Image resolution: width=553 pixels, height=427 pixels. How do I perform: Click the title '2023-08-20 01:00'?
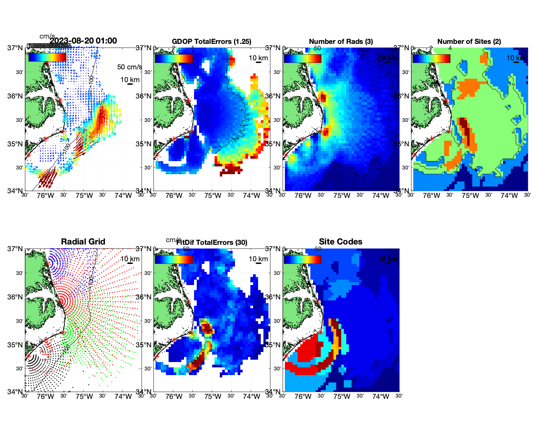pyautogui.click(x=83, y=41)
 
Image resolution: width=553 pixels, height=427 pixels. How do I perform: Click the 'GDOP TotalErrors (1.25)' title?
pyautogui.click(x=211, y=42)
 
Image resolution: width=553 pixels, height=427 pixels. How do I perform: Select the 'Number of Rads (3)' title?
pyautogui.click(x=341, y=42)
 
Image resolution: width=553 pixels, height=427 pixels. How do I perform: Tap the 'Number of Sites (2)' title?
pyautogui.click(x=469, y=42)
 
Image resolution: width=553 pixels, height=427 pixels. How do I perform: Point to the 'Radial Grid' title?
pyautogui.click(x=83, y=242)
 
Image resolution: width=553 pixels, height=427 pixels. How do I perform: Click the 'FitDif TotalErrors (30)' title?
pyautogui.click(x=212, y=242)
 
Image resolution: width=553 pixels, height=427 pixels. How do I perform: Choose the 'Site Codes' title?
pyautogui.click(x=341, y=242)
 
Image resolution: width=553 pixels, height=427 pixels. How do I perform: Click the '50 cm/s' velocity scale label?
pyautogui.click(x=129, y=67)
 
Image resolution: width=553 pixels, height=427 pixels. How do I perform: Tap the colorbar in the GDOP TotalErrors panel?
pyautogui.click(x=174, y=58)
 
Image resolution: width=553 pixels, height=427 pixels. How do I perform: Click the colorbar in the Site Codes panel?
pyautogui.click(x=302, y=259)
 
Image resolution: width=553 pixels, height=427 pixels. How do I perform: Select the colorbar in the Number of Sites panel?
pyautogui.click(x=431, y=58)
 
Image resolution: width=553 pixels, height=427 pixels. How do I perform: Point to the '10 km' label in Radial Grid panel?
pyautogui.click(x=130, y=259)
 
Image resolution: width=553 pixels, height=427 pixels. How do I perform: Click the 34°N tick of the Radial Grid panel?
pyautogui.click(x=15, y=392)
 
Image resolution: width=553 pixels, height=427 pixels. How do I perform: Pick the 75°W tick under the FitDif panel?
pyautogui.click(x=212, y=397)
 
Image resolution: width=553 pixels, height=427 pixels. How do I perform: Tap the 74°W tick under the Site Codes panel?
pyautogui.click(x=381, y=397)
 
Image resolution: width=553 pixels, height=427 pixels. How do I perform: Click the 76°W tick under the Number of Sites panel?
pyautogui.click(x=432, y=196)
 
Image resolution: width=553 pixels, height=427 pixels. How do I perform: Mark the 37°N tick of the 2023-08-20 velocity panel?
pyautogui.click(x=15, y=48)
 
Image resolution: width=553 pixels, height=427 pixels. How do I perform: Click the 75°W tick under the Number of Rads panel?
pyautogui.click(x=342, y=196)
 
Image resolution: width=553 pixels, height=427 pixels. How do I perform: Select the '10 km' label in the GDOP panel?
pyautogui.click(x=258, y=58)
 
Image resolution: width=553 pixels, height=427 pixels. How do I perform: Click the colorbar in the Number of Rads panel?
pyautogui.click(x=302, y=58)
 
